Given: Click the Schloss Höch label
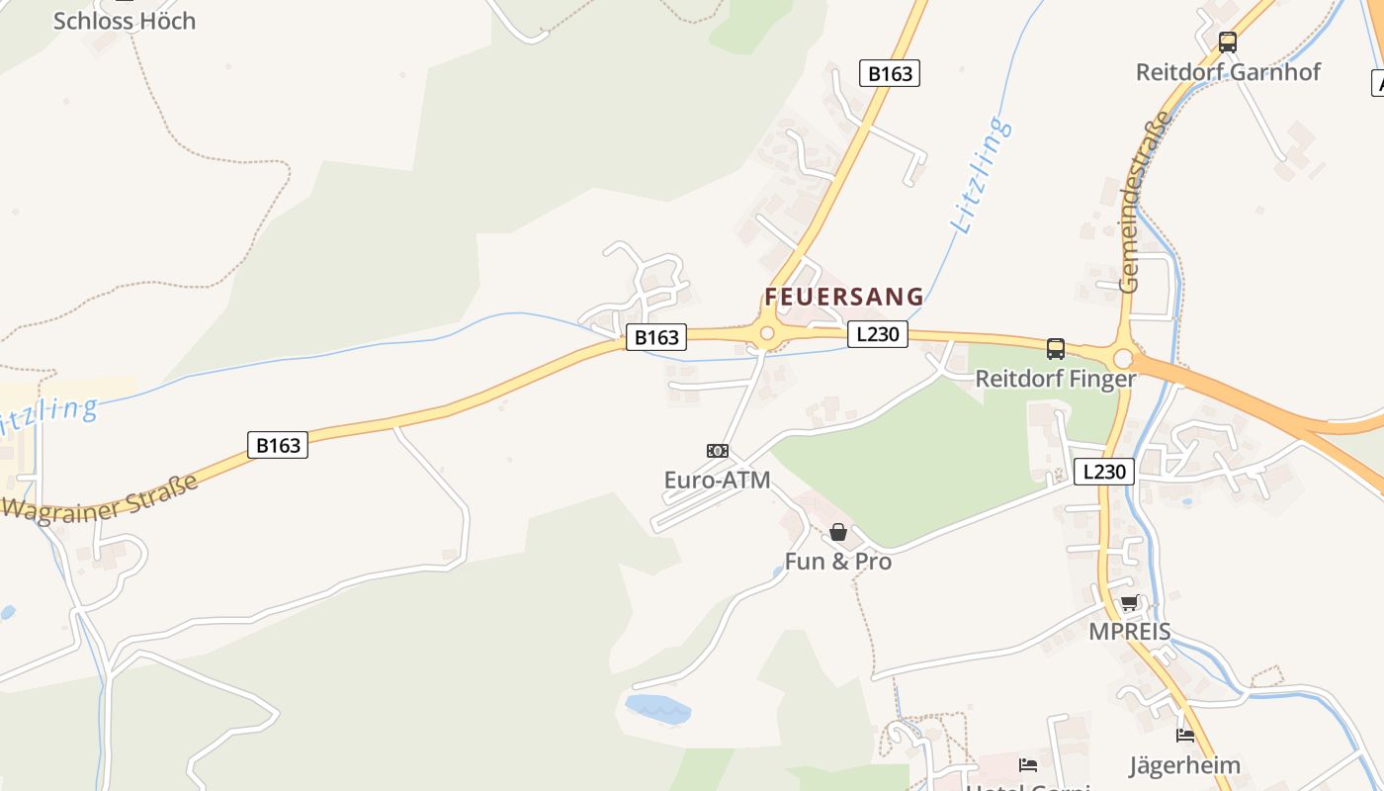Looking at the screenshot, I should coord(125,21).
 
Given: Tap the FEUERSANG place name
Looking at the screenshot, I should coord(844,297).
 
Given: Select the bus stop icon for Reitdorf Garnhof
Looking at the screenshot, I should coord(1228,43).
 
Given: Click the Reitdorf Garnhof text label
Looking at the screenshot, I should coord(1228,72).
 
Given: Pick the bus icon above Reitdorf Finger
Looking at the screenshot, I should coord(1056,349).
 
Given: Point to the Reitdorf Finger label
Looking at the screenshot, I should coord(1056,379).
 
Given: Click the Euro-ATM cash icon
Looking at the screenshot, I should coord(718,451).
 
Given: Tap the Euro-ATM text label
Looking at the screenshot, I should coord(718,481).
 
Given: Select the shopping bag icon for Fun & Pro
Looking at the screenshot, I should coord(838,532).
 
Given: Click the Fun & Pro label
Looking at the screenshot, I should coord(838,562).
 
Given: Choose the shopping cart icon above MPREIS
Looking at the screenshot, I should coord(1129,602).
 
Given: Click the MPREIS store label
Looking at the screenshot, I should coord(1129,632).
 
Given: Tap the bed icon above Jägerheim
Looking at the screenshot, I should coord(1185,736).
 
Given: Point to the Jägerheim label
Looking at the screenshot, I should coord(1185,765).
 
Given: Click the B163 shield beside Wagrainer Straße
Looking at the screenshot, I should coord(278,445).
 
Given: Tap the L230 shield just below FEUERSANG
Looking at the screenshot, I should coord(877,334).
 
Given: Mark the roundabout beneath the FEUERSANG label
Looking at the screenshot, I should coord(766,333).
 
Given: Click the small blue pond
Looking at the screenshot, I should coord(657,708).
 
